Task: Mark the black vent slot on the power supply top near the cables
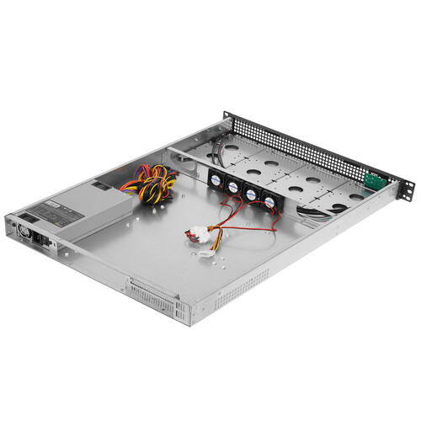[x=100, y=184]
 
